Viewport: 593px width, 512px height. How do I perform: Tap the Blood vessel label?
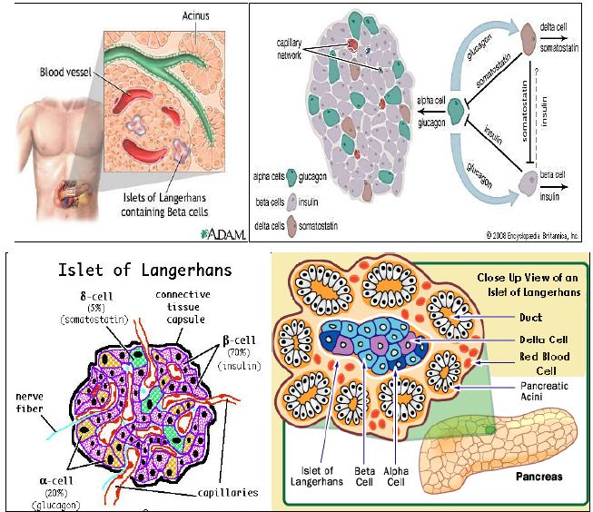click(66, 72)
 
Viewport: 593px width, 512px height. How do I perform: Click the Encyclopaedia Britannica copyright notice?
click(531, 234)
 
